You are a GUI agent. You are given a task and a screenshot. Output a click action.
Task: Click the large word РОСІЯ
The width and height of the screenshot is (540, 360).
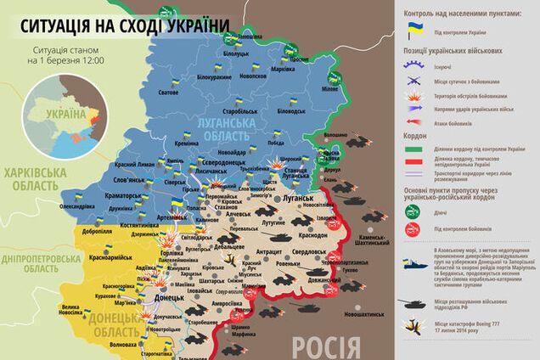(x=325, y=346)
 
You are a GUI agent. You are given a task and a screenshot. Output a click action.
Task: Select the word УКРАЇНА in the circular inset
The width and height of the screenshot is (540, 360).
(x=65, y=113)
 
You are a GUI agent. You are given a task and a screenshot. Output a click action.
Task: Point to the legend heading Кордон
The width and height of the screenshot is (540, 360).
(x=414, y=134)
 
